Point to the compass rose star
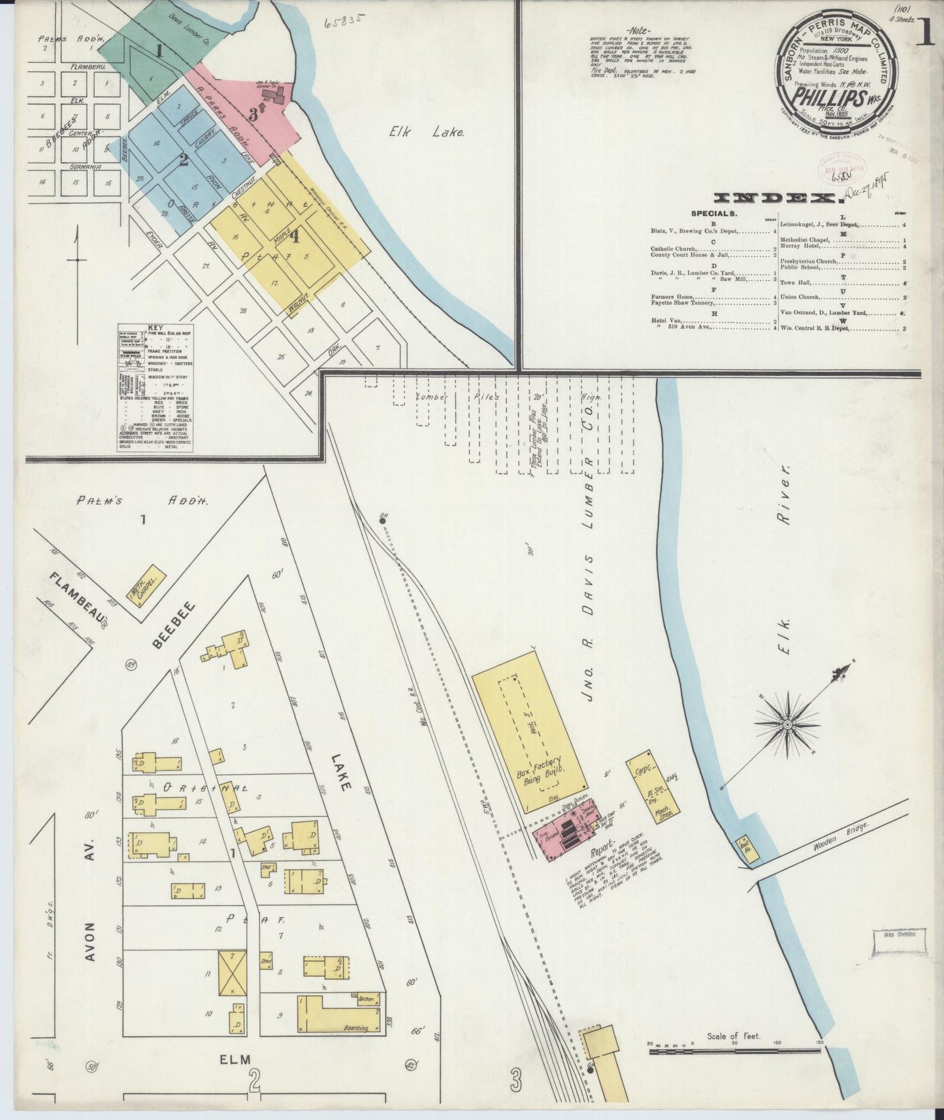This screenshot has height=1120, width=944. (x=787, y=724)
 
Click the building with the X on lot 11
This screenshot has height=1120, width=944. (x=233, y=972)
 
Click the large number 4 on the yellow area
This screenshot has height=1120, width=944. (x=295, y=238)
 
